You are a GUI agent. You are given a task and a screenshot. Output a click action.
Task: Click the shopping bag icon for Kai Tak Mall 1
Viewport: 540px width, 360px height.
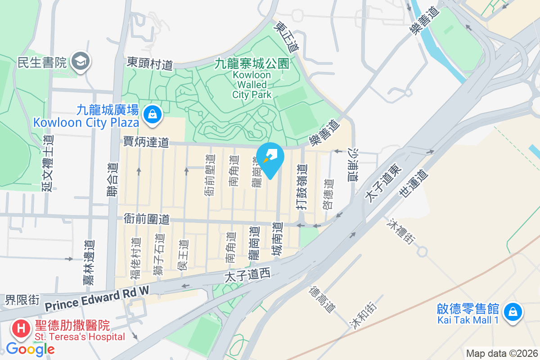(x=512, y=311)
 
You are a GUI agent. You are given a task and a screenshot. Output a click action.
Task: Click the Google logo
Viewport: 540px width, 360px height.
(x=31, y=349)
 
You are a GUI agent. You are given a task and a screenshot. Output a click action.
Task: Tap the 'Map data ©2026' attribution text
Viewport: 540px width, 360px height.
(x=502, y=353)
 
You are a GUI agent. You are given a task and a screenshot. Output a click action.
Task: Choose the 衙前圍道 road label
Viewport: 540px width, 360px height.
(x=147, y=219)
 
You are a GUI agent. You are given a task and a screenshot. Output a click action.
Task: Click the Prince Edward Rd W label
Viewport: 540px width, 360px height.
(x=97, y=300)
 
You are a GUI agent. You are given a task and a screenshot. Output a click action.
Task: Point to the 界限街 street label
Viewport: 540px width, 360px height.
(x=22, y=299)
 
